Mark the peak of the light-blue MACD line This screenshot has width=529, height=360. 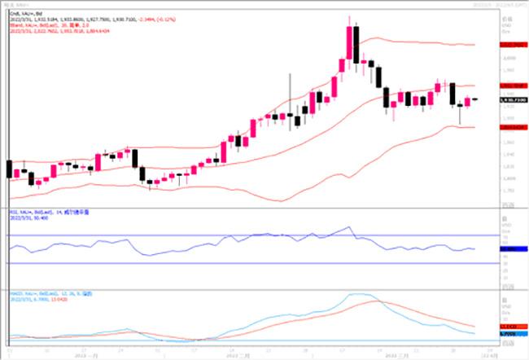point(358,294)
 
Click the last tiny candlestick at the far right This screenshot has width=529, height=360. point(474,99)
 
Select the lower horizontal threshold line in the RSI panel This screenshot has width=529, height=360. point(244,262)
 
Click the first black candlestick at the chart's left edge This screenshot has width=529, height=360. point(9,169)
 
